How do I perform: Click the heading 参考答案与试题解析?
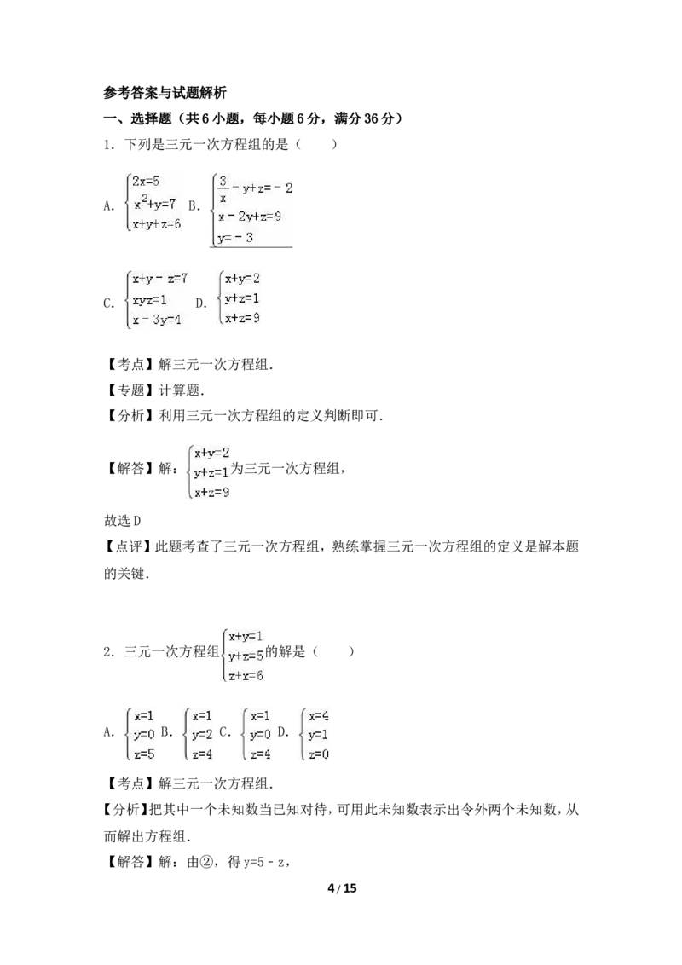[x=165, y=93]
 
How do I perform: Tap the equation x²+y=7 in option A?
[x=155, y=203]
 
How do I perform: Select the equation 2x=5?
[x=146, y=181]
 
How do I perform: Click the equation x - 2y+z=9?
[x=249, y=217]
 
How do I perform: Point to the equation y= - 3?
[x=235, y=238]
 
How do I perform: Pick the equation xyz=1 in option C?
[x=149, y=300]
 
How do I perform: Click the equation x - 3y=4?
[x=156, y=320]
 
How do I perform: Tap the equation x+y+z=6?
[x=156, y=225]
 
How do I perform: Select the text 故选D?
[x=123, y=521]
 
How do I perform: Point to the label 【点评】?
[x=127, y=546]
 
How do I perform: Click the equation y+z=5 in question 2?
[x=246, y=656]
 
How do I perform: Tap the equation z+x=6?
[x=246, y=676]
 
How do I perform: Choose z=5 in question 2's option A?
[x=144, y=754]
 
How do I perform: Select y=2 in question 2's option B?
[x=202, y=735]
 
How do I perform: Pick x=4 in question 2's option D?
[x=319, y=716]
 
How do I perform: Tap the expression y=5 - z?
[x=263, y=862]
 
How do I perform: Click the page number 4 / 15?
[x=342, y=888]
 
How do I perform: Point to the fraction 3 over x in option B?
[x=223, y=189]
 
